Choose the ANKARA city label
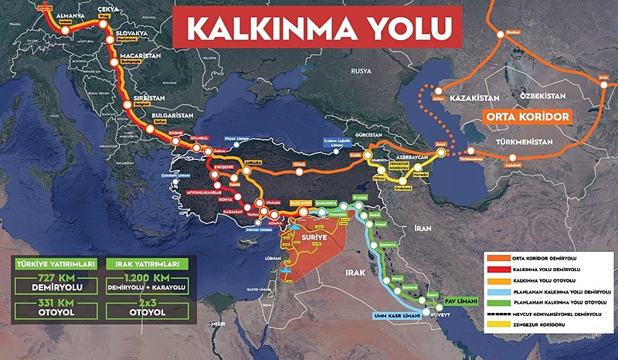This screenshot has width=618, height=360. point(253,163)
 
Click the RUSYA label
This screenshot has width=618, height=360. point(361,70)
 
